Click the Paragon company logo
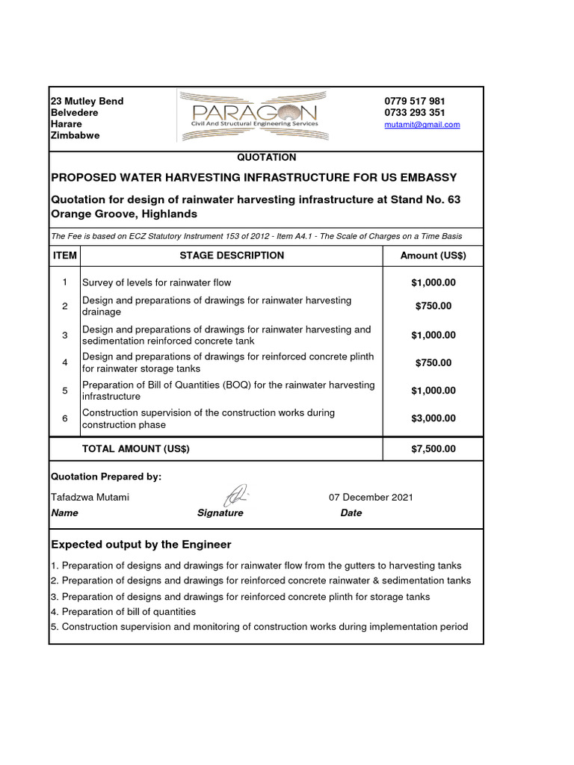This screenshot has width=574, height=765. (x=252, y=115)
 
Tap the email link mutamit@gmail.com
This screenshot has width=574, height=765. (x=422, y=125)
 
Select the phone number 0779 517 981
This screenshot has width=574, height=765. (x=415, y=101)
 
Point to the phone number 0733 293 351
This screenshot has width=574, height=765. (x=415, y=113)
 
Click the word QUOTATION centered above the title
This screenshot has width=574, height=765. (x=266, y=158)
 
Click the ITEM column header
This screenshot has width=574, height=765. (x=64, y=255)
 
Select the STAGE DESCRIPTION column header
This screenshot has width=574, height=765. (x=232, y=255)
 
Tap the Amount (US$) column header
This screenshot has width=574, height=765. (x=433, y=255)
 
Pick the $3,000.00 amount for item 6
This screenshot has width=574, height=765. (x=433, y=418)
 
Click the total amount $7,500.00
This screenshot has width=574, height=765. (x=433, y=449)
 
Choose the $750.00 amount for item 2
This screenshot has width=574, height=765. (x=433, y=306)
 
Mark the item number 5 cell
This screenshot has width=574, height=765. (x=65, y=391)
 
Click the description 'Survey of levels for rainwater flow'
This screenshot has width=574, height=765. (x=156, y=282)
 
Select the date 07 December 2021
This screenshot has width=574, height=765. (x=371, y=498)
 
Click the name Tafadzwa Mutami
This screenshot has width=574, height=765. (x=89, y=498)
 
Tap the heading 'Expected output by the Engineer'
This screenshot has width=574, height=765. (x=141, y=544)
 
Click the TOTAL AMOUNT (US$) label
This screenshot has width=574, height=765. (x=136, y=449)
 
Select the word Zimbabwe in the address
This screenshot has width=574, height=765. (x=75, y=136)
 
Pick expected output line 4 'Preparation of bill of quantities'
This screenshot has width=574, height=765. (x=123, y=612)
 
